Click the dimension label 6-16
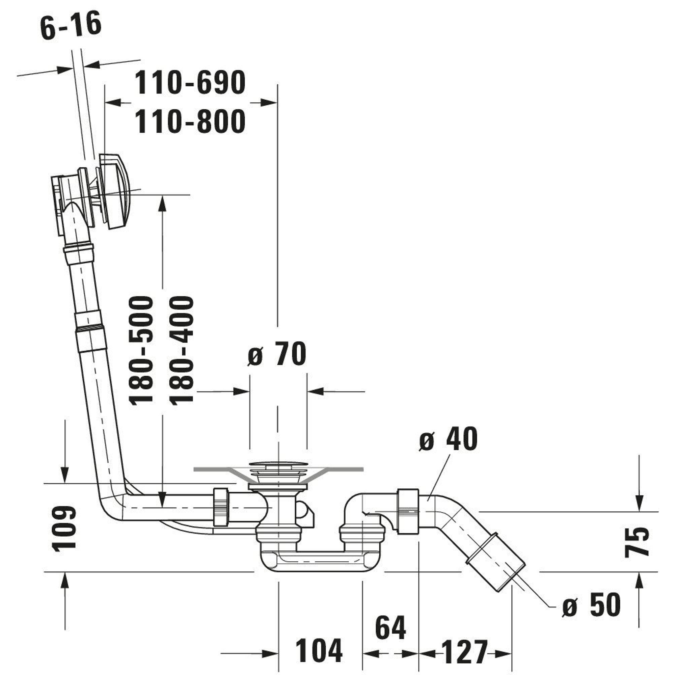pos(71,25)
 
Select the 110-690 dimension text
pos(190,83)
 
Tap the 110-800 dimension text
pos(190,121)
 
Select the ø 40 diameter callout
pos(448,439)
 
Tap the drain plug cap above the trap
pos(278,465)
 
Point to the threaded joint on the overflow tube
pos(89,327)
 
